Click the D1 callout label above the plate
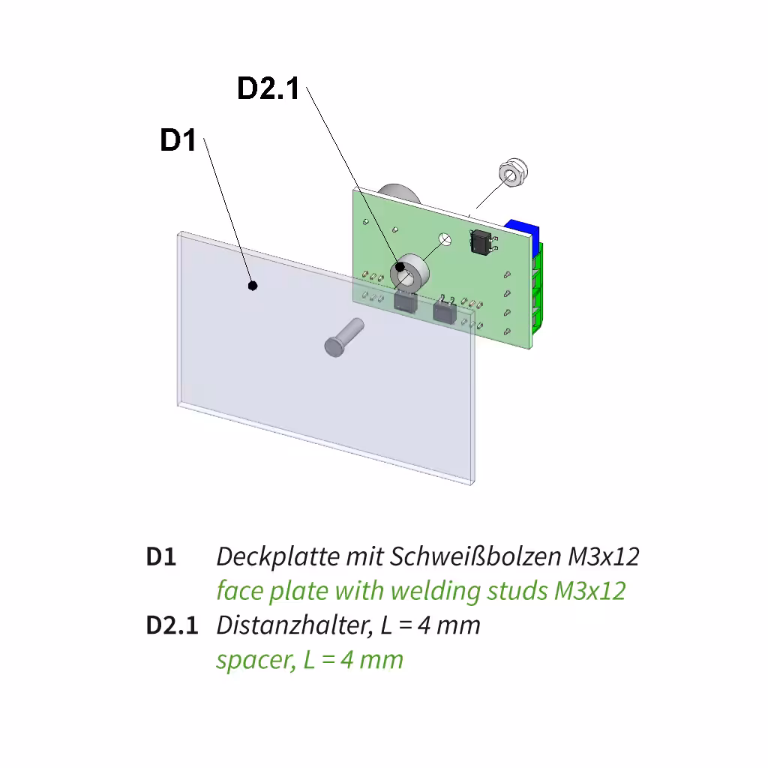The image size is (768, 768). (178, 139)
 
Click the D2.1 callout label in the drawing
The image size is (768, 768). (268, 88)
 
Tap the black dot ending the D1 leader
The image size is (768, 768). (253, 286)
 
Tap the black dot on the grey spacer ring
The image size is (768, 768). (400, 267)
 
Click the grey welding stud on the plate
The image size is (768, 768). (343, 337)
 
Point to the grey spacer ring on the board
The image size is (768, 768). (409, 272)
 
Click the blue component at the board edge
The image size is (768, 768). (523, 231)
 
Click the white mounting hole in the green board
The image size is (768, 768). (445, 239)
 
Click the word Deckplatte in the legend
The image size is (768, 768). (277, 557)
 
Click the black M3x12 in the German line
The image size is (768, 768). (604, 557)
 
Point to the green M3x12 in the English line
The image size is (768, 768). (590, 591)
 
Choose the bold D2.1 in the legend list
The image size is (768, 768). (172, 625)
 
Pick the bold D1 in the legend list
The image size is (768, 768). (160, 557)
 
